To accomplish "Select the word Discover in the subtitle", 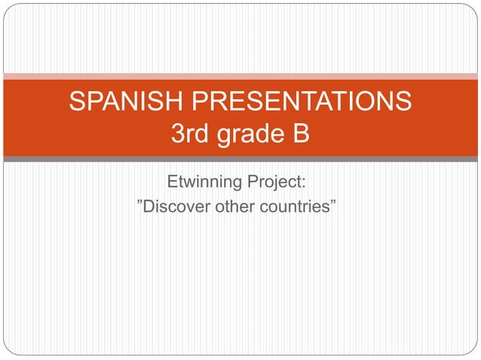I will coord(179,206).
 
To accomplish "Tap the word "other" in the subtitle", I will coord(235,206).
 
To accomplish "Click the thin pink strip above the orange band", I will coord(240,76).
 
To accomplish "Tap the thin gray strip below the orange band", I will coord(240,159).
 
